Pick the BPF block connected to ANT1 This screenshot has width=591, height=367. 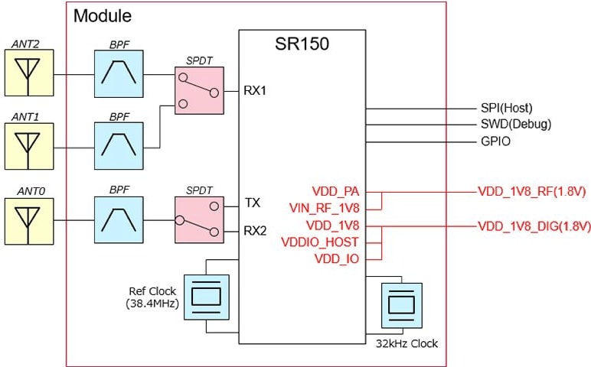pos(118,144)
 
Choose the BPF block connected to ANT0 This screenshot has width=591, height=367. pos(118,219)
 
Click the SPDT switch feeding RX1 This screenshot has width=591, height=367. pos(198,90)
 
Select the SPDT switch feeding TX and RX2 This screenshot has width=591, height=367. pos(198,219)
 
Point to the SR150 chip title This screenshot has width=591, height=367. pos(302,44)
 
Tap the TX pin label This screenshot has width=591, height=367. pos(253,203)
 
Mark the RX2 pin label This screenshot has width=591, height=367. pos(256,229)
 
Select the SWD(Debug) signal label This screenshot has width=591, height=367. pos(510,124)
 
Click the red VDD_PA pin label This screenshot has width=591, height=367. pos(336,191)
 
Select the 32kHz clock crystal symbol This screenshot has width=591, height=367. pos(400,304)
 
